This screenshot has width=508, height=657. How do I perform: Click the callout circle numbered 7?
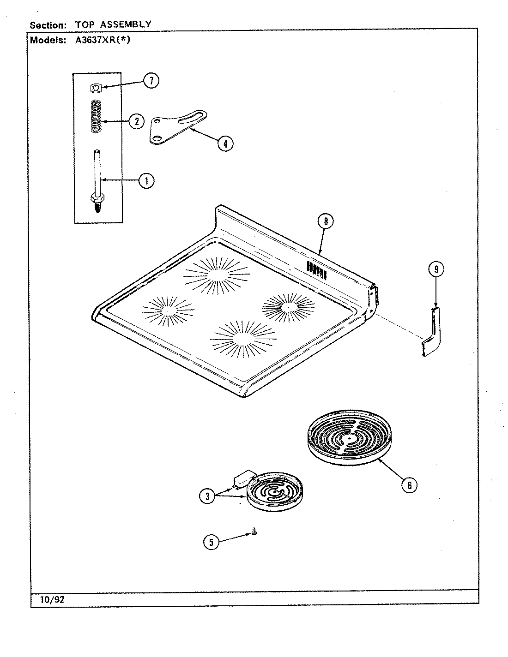click(x=151, y=81)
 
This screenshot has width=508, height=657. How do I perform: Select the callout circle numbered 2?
click(x=136, y=122)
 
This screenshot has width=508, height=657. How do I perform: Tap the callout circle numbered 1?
click(x=146, y=181)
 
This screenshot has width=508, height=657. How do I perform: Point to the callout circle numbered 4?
click(x=224, y=143)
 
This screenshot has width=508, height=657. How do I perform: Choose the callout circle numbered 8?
click(x=325, y=221)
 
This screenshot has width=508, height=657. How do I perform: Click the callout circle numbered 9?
click(x=436, y=269)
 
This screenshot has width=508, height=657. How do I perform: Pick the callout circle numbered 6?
click(x=408, y=484)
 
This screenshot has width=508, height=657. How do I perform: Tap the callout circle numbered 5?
click(x=211, y=543)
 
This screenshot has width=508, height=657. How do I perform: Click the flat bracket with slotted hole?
click(x=177, y=126)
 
